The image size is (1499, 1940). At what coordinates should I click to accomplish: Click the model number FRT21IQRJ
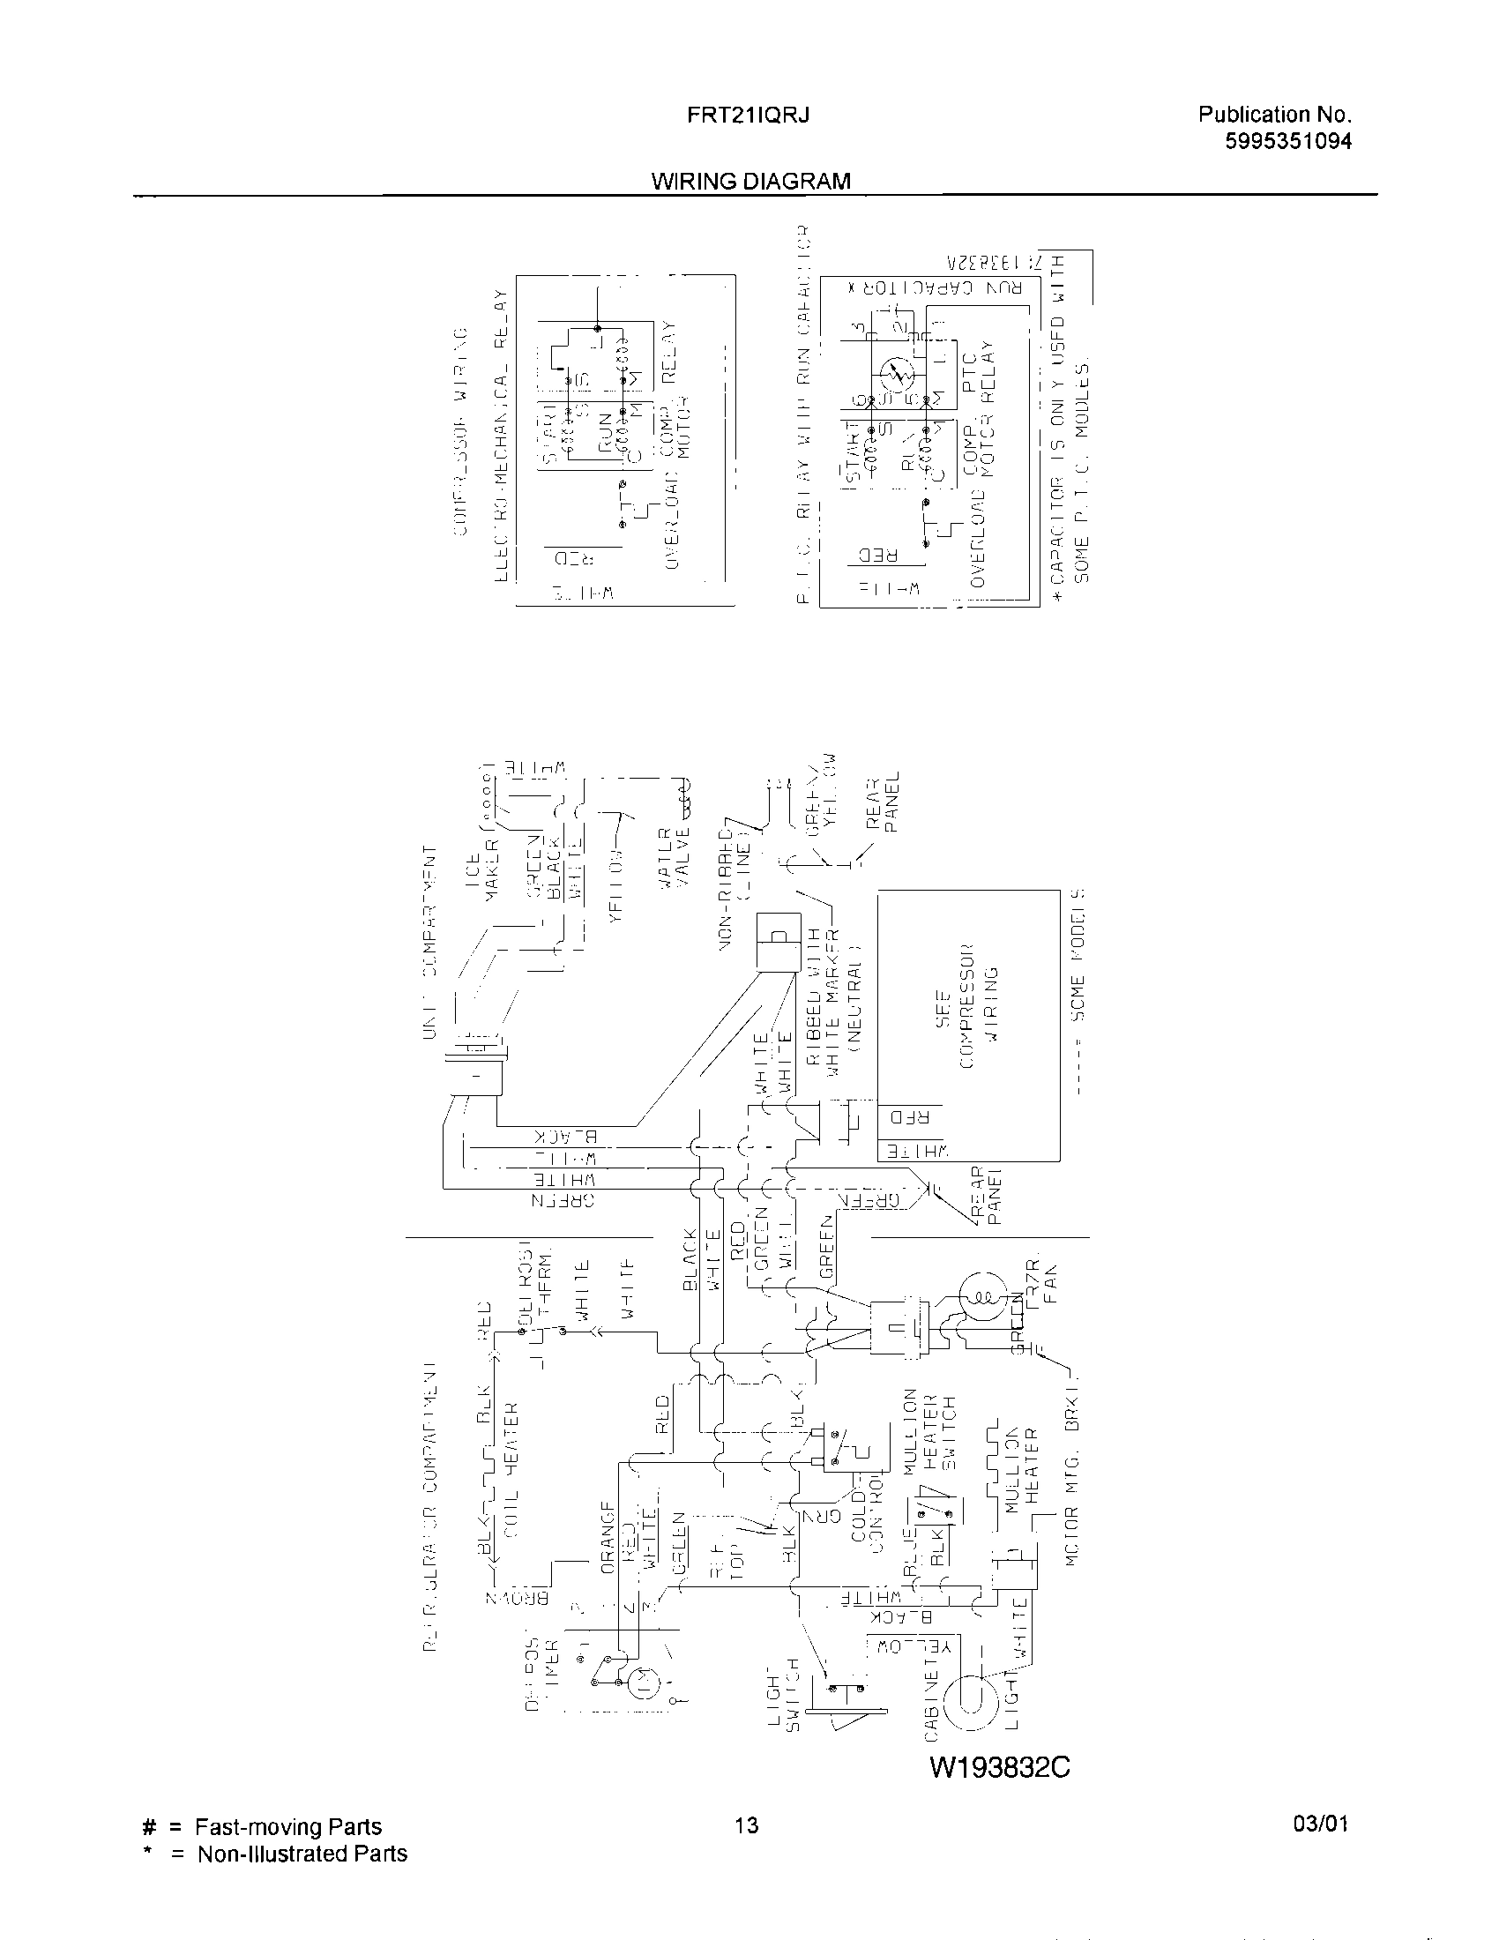(x=748, y=116)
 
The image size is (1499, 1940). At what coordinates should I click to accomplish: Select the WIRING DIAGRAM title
(x=750, y=181)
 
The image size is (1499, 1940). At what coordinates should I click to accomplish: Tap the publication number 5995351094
(x=1287, y=141)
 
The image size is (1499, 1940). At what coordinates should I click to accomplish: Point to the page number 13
(x=747, y=1826)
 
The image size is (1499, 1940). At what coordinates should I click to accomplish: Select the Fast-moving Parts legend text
(x=287, y=1827)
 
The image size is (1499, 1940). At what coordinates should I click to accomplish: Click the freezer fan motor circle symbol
(x=983, y=1298)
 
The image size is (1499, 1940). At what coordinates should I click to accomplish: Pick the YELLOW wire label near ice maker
(x=617, y=881)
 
